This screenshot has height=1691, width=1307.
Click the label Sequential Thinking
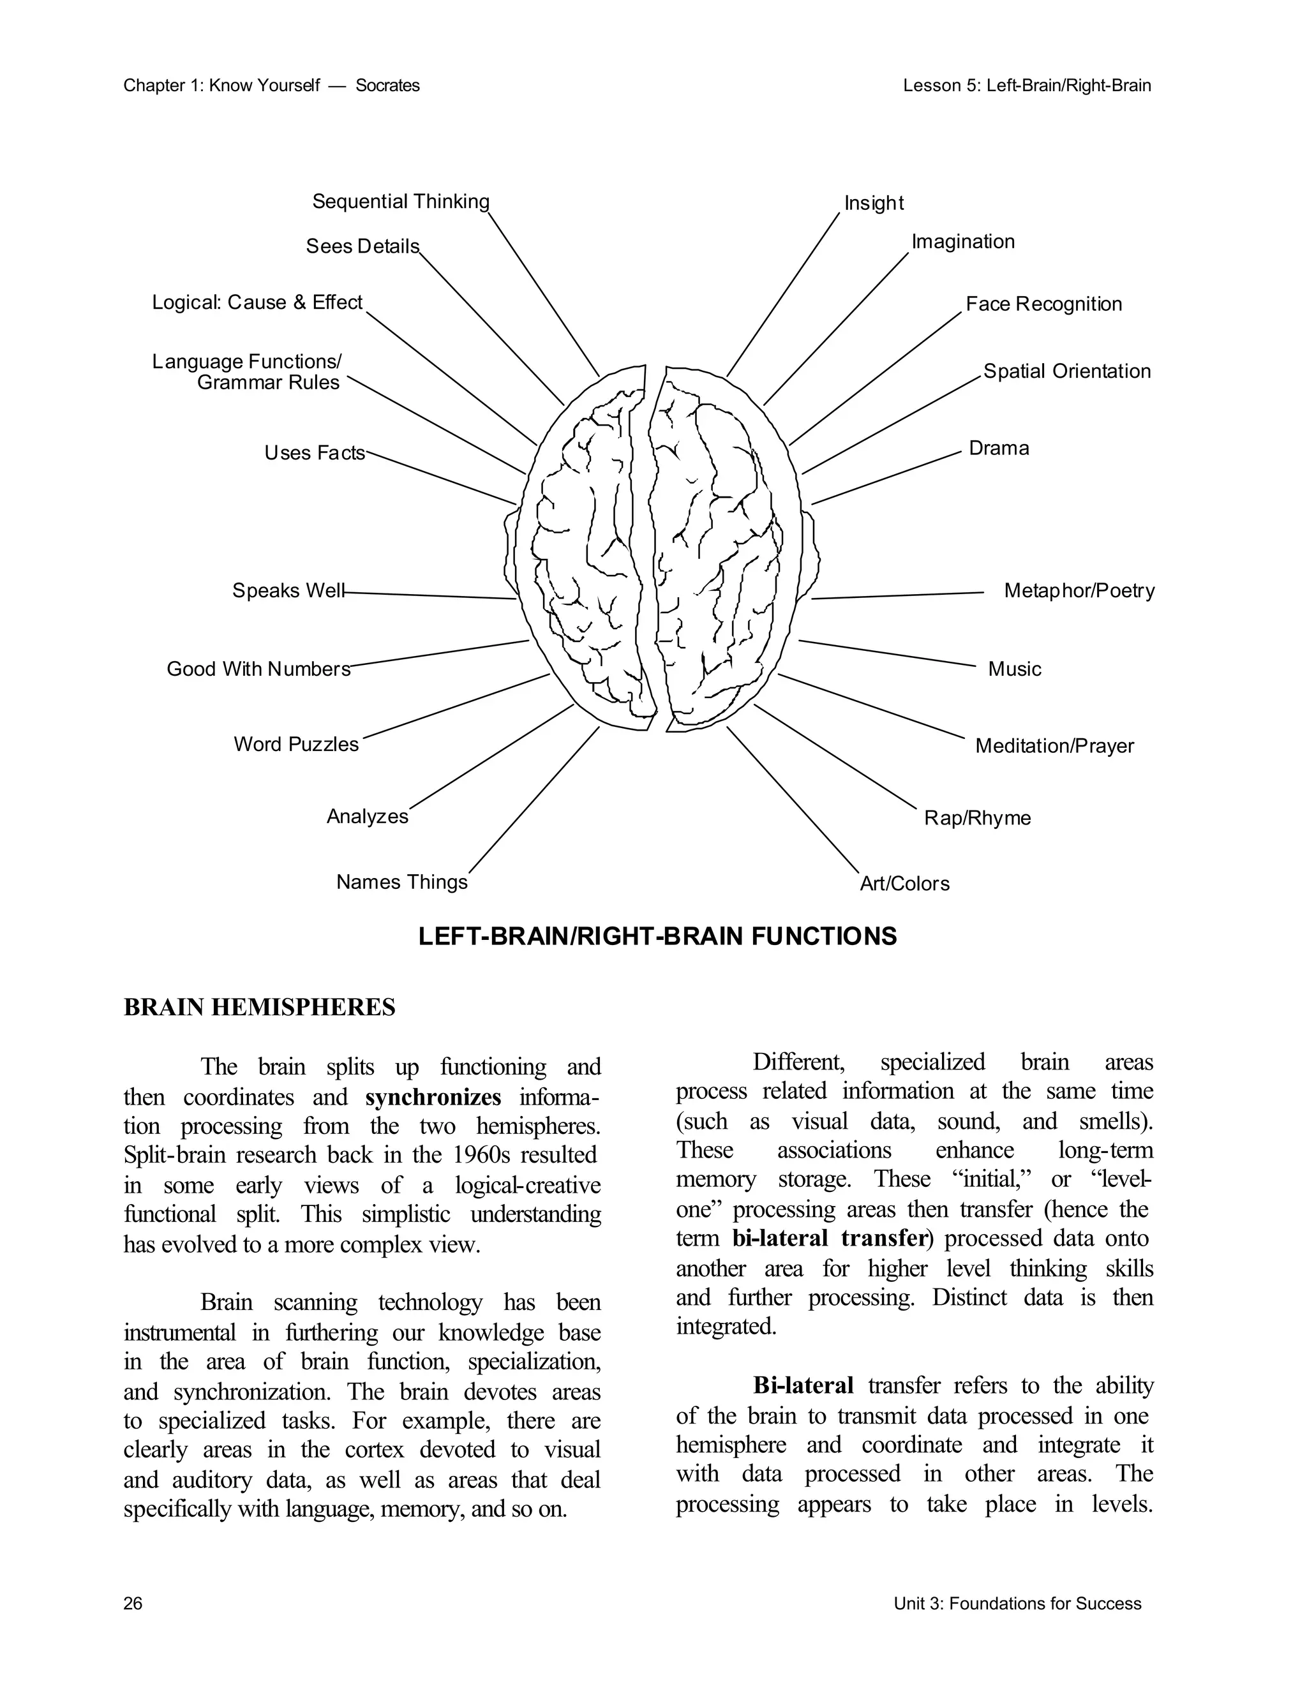[x=400, y=201]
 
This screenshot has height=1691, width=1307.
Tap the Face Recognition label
[x=1043, y=304]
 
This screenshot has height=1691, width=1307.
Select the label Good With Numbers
[x=258, y=669]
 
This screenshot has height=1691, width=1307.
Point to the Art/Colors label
[x=904, y=883]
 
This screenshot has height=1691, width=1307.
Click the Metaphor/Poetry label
[x=1079, y=591]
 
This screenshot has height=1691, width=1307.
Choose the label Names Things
[x=402, y=882]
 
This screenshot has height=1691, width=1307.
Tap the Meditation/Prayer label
[x=1054, y=745]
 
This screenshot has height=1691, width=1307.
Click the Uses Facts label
[x=315, y=453]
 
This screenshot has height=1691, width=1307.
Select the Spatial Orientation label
[x=1067, y=371]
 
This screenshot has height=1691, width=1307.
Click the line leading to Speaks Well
[x=429, y=595]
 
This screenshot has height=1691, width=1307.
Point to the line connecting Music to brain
[x=886, y=653]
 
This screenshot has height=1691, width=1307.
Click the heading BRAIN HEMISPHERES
[x=259, y=1008]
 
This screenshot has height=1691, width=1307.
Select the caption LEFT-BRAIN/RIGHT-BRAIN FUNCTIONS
[x=657, y=936]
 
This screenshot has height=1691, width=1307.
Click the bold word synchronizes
[x=433, y=1097]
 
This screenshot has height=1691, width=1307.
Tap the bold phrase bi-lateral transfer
[x=829, y=1238]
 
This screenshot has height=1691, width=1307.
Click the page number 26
[x=133, y=1604]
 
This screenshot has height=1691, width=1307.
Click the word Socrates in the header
[x=387, y=85]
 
